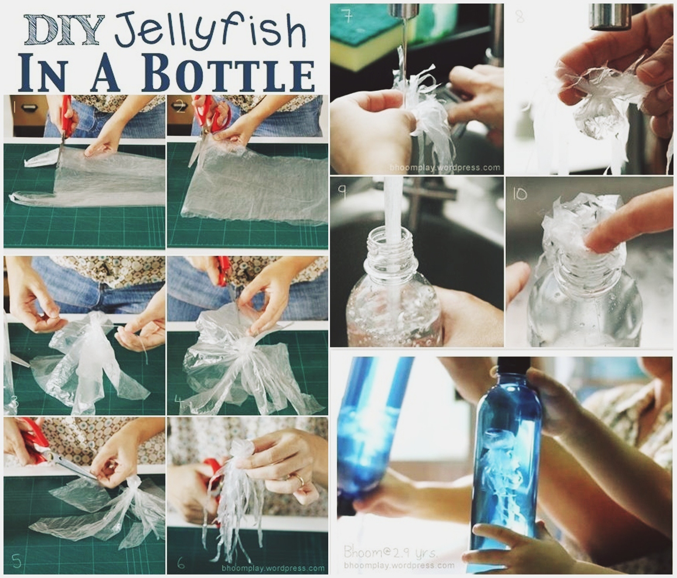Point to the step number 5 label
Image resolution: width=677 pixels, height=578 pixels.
15,562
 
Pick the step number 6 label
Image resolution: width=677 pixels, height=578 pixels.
181,563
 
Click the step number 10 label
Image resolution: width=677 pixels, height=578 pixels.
520,194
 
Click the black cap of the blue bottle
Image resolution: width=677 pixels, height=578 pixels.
513,366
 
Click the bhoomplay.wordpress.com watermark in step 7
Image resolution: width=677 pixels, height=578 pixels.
445,167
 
